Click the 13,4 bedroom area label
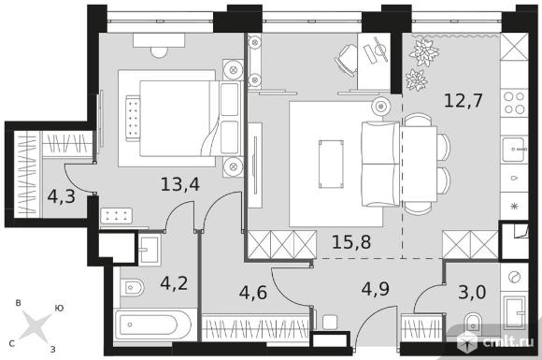click(180, 184)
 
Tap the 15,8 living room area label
click(351, 242)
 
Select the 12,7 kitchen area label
click(463, 101)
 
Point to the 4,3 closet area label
click(61, 196)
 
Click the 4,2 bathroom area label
click(174, 283)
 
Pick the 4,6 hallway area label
click(253, 293)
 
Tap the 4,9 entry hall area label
click(376, 289)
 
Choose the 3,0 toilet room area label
click(472, 293)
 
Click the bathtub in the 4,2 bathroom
click(152, 324)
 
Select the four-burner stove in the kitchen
click(514, 103)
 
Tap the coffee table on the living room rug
click(331, 164)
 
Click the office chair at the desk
click(347, 59)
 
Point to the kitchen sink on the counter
click(514, 150)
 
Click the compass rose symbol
click(36, 325)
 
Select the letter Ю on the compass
click(59, 308)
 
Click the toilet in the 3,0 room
click(473, 323)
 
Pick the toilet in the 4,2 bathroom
click(133, 287)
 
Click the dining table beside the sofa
click(420, 164)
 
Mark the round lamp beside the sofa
click(381, 107)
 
